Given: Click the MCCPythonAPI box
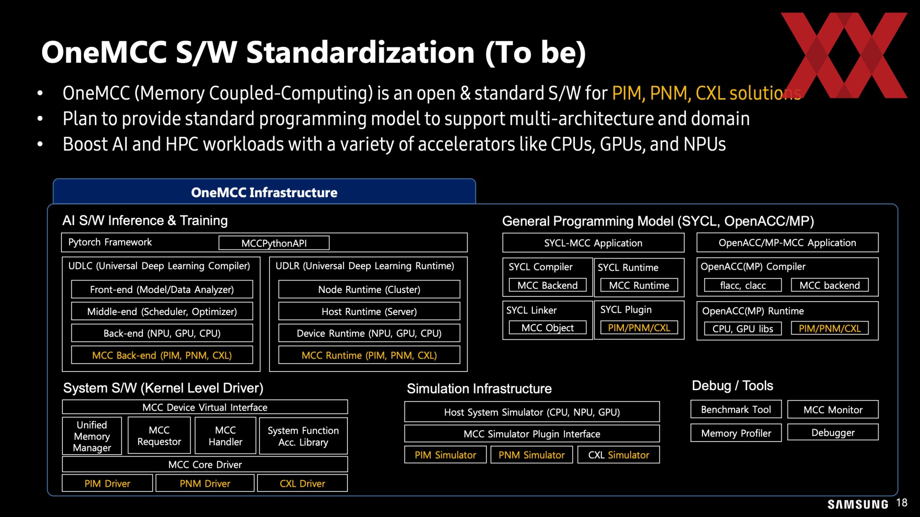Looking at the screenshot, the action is (274, 243).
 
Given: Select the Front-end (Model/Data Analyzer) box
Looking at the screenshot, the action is (162, 290).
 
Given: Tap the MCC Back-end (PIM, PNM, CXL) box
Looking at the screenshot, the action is (162, 355).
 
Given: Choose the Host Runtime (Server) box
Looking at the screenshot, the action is (369, 312).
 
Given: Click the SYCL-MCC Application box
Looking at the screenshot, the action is (593, 243).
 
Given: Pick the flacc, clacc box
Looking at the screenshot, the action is (743, 285).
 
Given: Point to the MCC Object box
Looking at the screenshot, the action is (547, 328).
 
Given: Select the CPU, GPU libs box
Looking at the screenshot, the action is (743, 329).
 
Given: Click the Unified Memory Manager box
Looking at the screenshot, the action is (92, 436).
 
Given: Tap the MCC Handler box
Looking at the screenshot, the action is (225, 436).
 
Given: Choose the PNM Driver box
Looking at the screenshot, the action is (205, 483).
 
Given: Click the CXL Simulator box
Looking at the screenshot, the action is (619, 455).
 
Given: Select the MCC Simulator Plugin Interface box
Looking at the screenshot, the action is (532, 434).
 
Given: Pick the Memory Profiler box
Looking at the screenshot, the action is (736, 433).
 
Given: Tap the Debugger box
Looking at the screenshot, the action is (833, 433).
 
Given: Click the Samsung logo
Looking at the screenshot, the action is (858, 504).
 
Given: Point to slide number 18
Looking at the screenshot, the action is (902, 503).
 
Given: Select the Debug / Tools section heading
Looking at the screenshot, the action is (732, 386).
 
